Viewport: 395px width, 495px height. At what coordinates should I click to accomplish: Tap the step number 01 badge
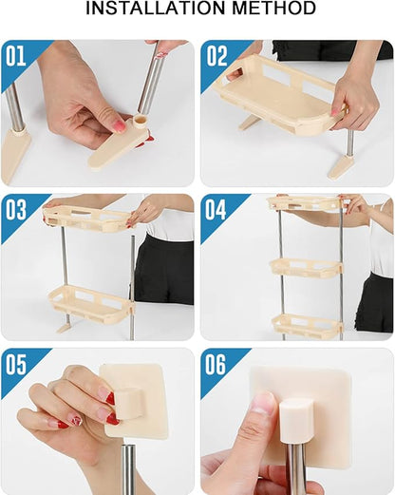click(x=17, y=55)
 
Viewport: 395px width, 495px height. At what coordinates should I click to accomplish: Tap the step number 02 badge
click(x=217, y=55)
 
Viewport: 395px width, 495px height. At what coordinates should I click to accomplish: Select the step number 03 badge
click(x=17, y=210)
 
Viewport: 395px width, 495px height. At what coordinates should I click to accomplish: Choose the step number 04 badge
click(x=217, y=210)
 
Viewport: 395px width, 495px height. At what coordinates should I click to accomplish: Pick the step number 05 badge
click(x=17, y=365)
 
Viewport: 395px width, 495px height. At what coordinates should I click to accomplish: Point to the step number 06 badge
click(x=217, y=365)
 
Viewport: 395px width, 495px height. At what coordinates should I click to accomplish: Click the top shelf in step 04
click(x=304, y=204)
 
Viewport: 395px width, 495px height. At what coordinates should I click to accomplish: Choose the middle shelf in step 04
click(x=305, y=269)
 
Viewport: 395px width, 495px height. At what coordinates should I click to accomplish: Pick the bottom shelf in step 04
click(x=306, y=324)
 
